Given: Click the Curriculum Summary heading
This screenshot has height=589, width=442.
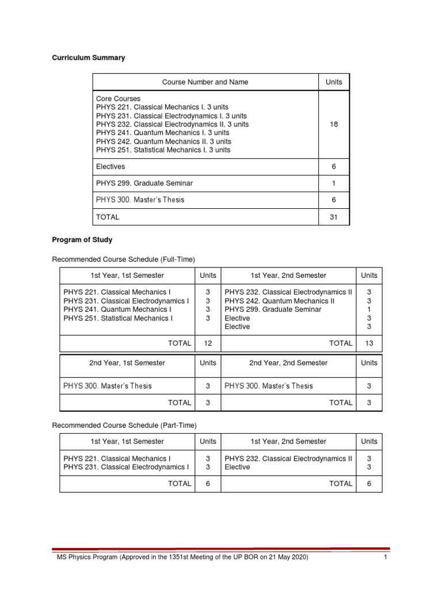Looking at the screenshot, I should click(x=89, y=58).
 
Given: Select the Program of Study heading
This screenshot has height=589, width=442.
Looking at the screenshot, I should click(x=82, y=240).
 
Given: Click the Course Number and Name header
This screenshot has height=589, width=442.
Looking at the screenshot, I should click(x=205, y=82).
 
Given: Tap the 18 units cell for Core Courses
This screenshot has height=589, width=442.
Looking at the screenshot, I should click(x=334, y=124).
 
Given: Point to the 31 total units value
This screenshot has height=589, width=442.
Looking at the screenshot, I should click(x=334, y=217).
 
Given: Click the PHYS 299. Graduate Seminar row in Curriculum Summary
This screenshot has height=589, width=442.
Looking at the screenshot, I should click(x=144, y=183).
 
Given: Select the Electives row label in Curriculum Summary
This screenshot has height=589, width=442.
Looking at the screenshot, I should click(x=110, y=166).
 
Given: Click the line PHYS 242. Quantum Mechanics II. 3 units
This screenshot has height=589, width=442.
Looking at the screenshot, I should click(x=163, y=141).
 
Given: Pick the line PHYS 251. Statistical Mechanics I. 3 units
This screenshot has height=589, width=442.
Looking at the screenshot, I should click(x=163, y=150).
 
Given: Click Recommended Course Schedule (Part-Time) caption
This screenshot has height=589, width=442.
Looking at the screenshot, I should click(x=124, y=425).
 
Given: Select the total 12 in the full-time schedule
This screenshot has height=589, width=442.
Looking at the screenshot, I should click(x=208, y=343).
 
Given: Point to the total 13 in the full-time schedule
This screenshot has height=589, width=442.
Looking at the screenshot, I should click(x=369, y=343).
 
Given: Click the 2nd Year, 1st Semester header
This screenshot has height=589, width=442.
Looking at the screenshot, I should click(x=127, y=363).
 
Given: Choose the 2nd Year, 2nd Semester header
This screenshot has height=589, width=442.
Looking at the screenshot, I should click(x=288, y=363).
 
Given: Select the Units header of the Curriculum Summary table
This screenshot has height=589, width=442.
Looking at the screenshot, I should click(x=334, y=82).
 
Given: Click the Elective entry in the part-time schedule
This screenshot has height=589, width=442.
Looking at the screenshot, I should click(x=237, y=467).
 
